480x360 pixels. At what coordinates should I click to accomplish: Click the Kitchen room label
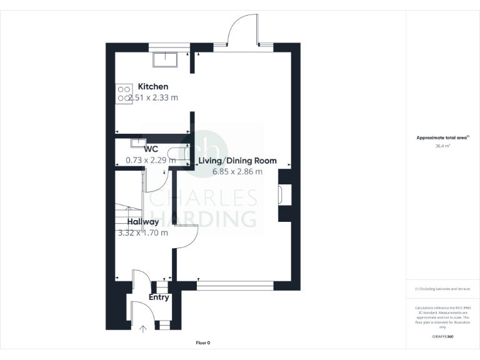[153, 86]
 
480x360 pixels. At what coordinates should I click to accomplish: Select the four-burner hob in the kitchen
[123, 94]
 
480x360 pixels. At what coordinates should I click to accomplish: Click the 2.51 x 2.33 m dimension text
[153, 97]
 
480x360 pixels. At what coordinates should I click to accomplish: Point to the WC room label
[151, 149]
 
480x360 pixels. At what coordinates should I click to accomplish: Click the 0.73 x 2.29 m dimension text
[151, 160]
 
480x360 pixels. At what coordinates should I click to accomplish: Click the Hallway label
[143, 222]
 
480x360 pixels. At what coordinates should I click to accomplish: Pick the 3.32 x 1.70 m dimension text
[143, 232]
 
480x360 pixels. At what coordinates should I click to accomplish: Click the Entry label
[159, 297]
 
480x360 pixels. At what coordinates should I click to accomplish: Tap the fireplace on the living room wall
[281, 195]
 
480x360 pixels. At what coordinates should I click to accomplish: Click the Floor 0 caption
[203, 342]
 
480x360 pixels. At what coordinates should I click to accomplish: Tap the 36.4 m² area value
[442, 146]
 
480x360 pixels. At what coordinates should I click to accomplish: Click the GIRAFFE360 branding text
[442, 337]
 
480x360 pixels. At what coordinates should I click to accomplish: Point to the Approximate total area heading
[442, 137]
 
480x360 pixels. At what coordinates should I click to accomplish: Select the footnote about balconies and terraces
[442, 289]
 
